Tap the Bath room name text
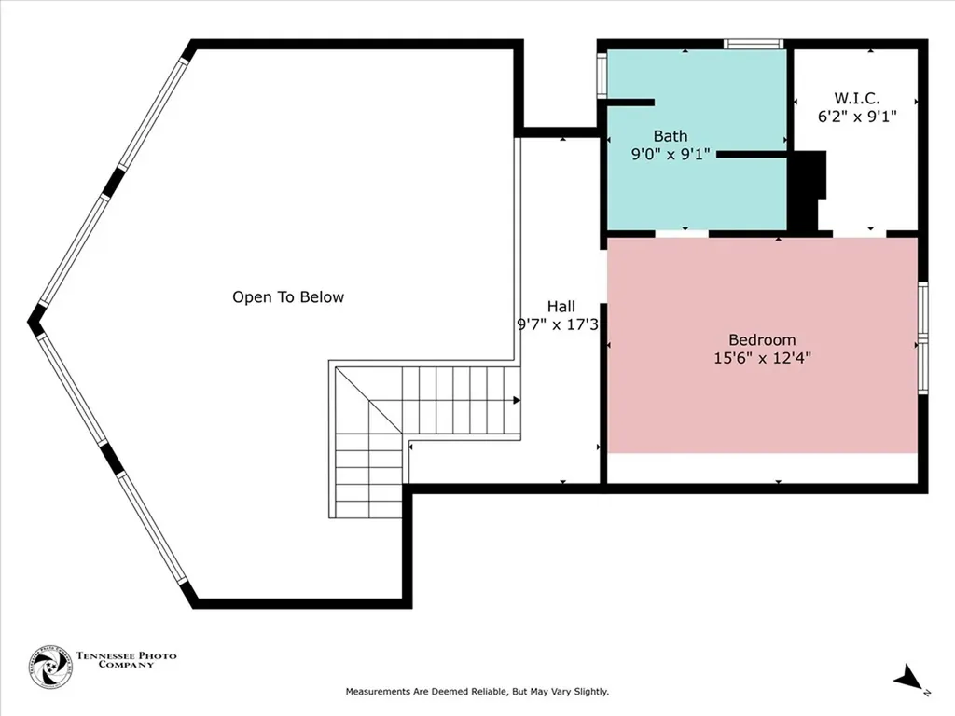[x=670, y=136]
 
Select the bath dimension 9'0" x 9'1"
[x=671, y=155]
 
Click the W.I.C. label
[x=856, y=98]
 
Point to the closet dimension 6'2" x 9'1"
[x=856, y=117]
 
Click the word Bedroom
[x=762, y=339]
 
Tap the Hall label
[x=561, y=306]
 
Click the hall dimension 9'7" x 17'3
[x=557, y=324]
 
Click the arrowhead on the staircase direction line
[x=517, y=400]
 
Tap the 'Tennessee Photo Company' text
[x=126, y=660]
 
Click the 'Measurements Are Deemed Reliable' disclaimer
[x=477, y=692]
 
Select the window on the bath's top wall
[x=754, y=43]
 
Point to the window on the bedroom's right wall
[x=922, y=337]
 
